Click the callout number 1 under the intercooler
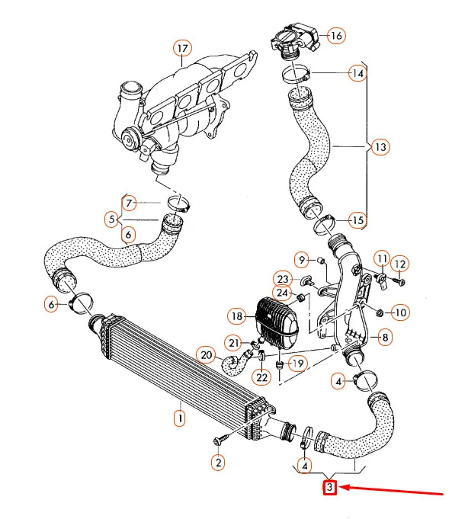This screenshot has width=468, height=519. coord(180,418)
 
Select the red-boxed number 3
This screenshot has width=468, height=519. coord(330,486)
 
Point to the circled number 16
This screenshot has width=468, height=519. coord(336,35)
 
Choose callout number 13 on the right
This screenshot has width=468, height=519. coord(380,146)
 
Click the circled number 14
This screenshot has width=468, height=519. coord(357,74)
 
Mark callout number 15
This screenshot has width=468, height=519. coord(357,220)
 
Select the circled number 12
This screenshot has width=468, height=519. coord(400,263)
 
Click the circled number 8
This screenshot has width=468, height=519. coord(386,336)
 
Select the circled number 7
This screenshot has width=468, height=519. coord(130,203)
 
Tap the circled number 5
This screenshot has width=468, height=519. coord(113,219)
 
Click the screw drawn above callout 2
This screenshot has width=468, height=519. coord(220,441)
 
